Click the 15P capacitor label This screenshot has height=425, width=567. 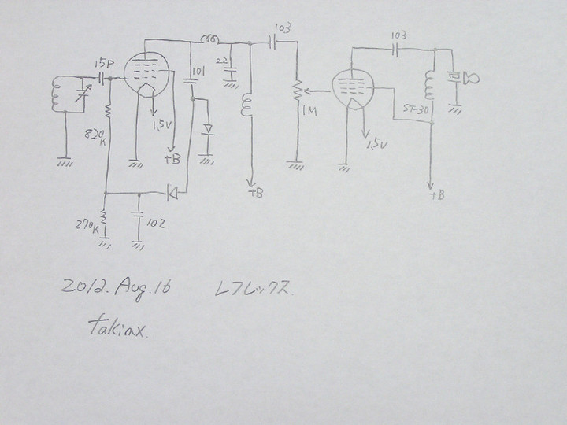point(102,62)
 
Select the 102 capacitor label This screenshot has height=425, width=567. point(155,224)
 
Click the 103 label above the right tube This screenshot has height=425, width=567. point(398,36)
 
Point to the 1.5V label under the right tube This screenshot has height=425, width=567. point(377,144)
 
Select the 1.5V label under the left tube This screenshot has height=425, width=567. point(163,125)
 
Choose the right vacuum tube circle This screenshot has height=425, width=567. point(353,89)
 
